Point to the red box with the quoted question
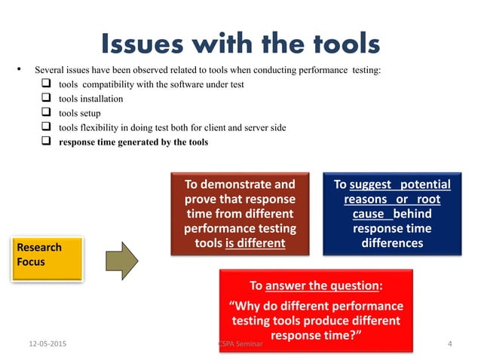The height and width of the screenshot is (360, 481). tap(316, 309)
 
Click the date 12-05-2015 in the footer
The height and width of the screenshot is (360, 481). tap(44, 345)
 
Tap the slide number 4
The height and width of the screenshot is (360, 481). tap(449, 345)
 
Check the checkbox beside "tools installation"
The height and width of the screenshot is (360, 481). tap(45, 99)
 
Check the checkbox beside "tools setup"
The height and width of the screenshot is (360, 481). tap(45, 113)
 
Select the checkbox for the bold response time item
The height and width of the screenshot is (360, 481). tap(45, 142)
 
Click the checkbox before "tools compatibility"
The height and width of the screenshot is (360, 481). tap(45, 84)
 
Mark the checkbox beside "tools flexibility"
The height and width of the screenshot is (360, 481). tap(45, 127)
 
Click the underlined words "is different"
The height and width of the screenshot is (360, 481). tap(255, 243)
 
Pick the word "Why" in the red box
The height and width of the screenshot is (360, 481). tap(247, 307)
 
